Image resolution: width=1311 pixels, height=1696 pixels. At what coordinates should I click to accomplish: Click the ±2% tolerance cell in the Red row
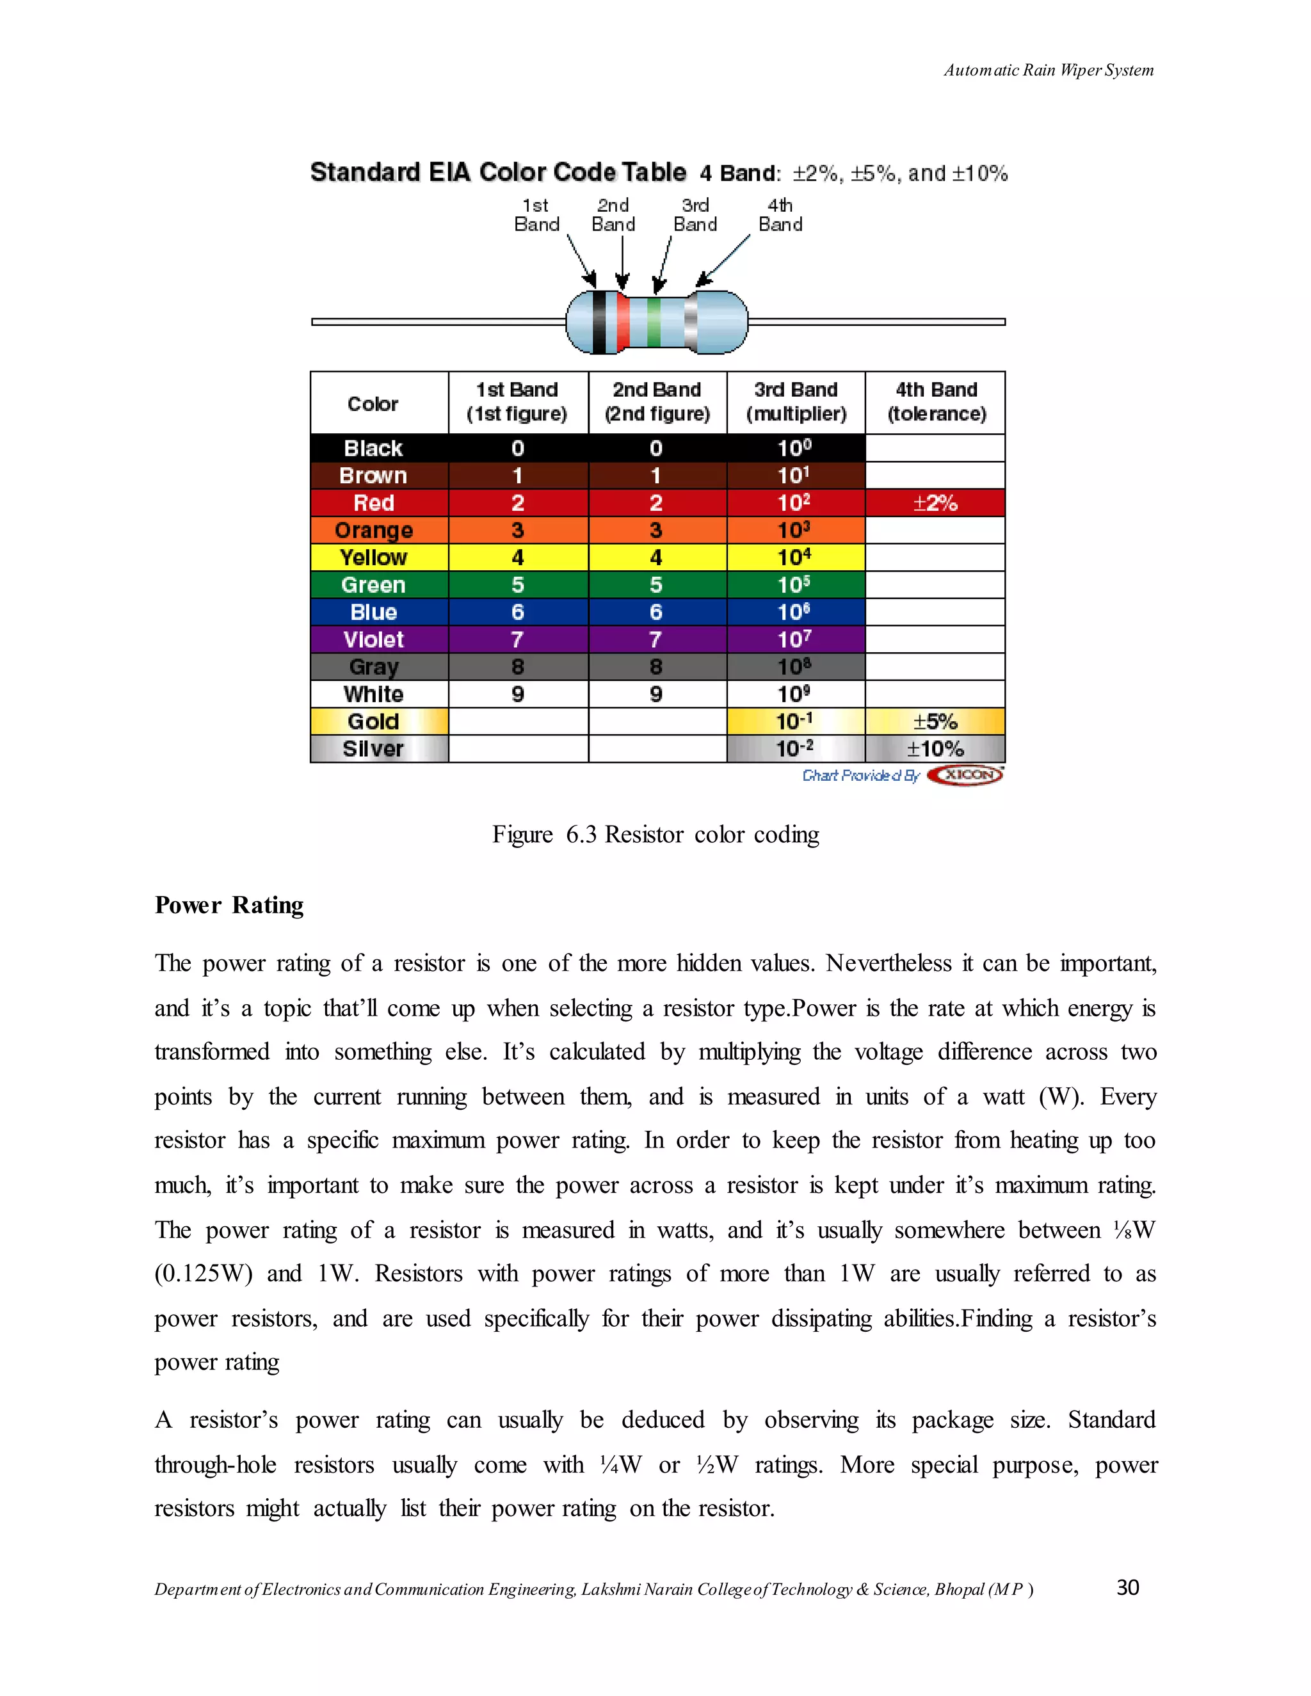(935, 503)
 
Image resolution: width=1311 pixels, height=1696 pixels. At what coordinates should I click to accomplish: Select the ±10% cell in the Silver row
(935, 749)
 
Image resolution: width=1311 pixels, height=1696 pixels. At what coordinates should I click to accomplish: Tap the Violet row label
(374, 640)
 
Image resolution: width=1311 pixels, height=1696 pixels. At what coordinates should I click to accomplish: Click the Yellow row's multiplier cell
(795, 557)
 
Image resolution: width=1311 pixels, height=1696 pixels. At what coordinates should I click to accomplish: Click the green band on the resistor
(654, 323)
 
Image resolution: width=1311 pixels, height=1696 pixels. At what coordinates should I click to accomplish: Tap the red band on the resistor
(623, 323)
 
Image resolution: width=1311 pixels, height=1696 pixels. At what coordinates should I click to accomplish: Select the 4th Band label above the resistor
(780, 215)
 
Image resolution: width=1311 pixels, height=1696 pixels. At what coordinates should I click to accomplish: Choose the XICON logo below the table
(965, 775)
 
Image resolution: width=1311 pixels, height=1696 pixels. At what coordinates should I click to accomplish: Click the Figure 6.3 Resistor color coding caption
(655, 835)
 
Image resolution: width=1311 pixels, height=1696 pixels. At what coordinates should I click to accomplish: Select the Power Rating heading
(229, 906)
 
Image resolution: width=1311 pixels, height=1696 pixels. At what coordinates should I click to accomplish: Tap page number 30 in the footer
(1127, 1587)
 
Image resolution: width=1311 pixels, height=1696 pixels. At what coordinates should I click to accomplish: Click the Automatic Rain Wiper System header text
(1048, 70)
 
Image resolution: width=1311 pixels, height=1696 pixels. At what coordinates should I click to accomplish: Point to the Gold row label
(374, 722)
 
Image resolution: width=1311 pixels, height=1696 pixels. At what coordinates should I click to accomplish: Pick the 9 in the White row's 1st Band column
(518, 694)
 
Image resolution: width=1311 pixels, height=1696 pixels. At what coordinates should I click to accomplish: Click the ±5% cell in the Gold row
(935, 722)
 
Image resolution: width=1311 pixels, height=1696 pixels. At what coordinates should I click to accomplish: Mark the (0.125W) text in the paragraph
(204, 1274)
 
